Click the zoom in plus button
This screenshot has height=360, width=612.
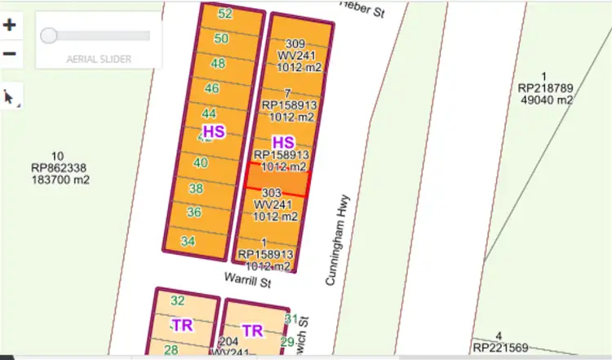(x=10, y=24)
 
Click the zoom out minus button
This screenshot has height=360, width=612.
(x=10, y=54)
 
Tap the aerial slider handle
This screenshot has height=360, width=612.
(x=49, y=35)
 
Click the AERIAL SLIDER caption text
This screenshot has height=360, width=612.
(x=100, y=60)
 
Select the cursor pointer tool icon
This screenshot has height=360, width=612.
(x=10, y=97)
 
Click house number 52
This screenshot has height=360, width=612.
(x=226, y=14)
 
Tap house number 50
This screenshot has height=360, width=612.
(x=221, y=38)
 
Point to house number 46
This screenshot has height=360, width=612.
(x=212, y=88)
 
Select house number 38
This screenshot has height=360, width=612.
(x=196, y=189)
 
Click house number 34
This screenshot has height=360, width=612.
(x=188, y=241)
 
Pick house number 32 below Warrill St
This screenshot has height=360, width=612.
(x=178, y=300)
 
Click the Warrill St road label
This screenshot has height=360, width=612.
(x=247, y=280)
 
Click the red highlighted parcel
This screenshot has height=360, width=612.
(x=277, y=180)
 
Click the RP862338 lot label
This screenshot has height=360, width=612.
(x=57, y=168)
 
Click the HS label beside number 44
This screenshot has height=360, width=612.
(x=214, y=131)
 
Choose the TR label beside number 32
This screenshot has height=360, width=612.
(x=182, y=325)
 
